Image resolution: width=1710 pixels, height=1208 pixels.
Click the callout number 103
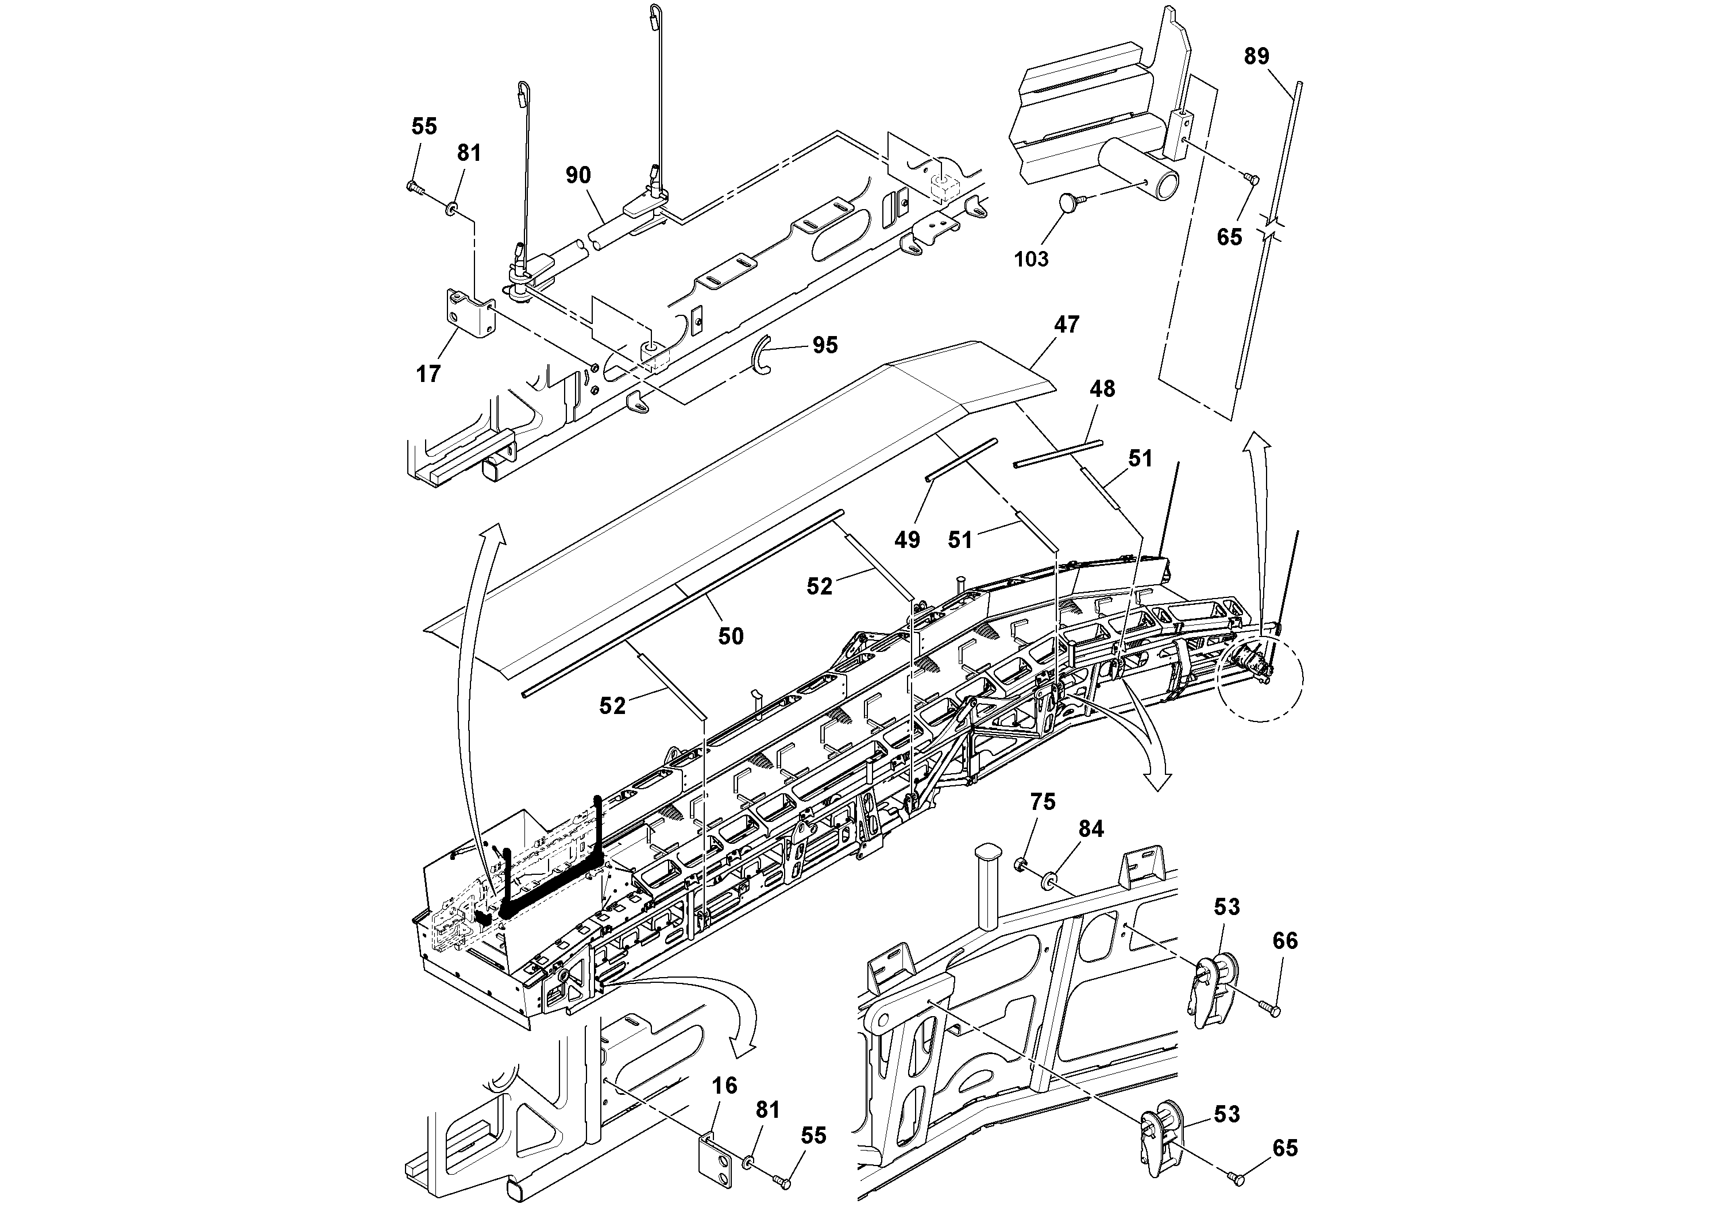[1030, 259]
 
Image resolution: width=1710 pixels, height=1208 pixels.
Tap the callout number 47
[1067, 325]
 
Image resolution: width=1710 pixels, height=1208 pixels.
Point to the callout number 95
[824, 345]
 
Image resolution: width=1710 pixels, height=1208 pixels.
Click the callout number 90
[578, 176]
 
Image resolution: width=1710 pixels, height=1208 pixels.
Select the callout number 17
[429, 374]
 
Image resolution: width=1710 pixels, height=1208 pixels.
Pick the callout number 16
[725, 1086]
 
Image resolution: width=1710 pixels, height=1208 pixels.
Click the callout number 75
[1043, 802]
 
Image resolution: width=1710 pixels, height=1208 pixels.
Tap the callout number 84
[1091, 829]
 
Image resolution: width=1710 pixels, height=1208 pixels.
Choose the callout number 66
[1285, 941]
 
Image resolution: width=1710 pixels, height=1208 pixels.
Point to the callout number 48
[1102, 389]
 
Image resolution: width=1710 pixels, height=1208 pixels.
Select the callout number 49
[907, 540]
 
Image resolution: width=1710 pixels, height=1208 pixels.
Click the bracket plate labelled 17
[470, 316]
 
